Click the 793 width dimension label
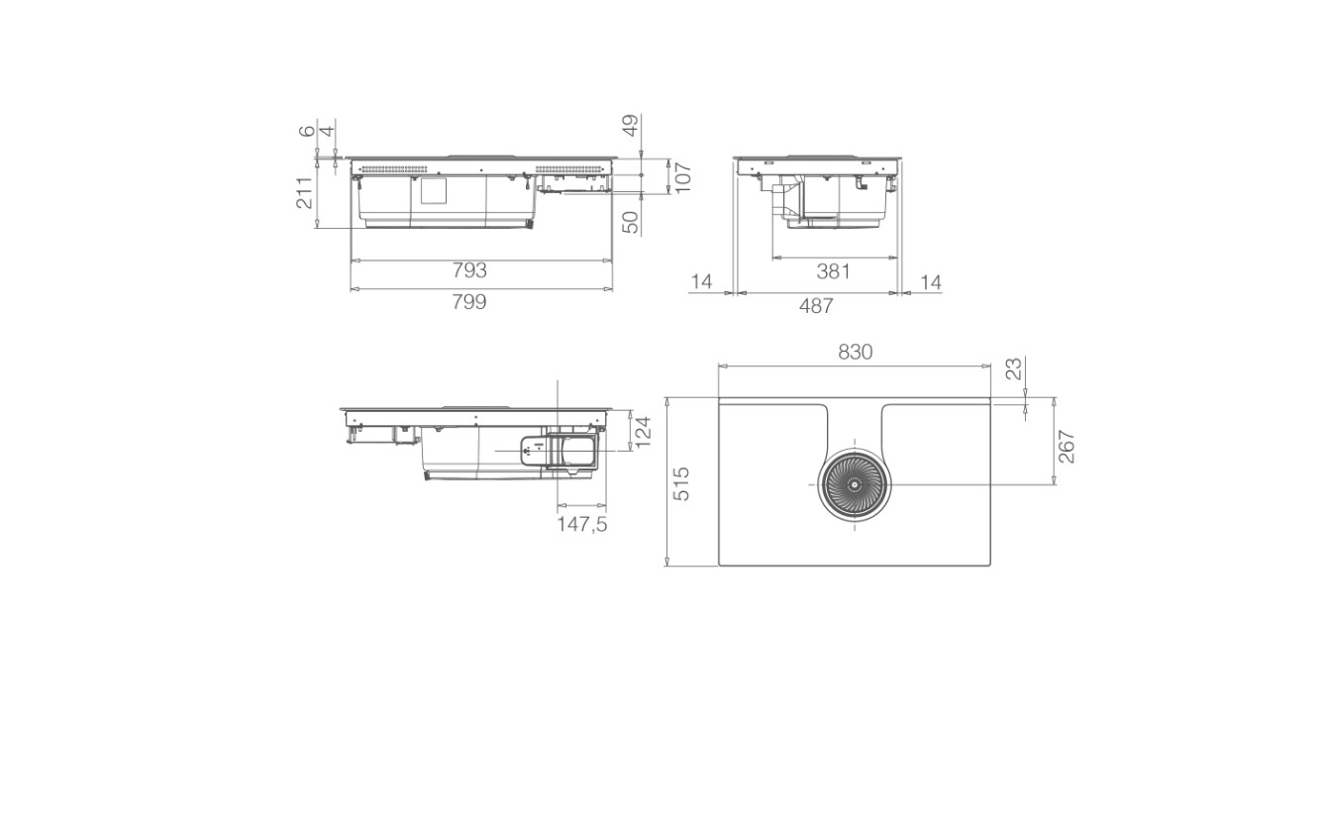469,270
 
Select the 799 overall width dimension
469,302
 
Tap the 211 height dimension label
304,193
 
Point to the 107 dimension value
683,176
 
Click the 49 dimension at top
631,126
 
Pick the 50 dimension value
631,223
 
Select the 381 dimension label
834,271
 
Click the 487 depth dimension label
816,306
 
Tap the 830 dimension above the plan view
856,353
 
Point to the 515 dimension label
682,483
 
